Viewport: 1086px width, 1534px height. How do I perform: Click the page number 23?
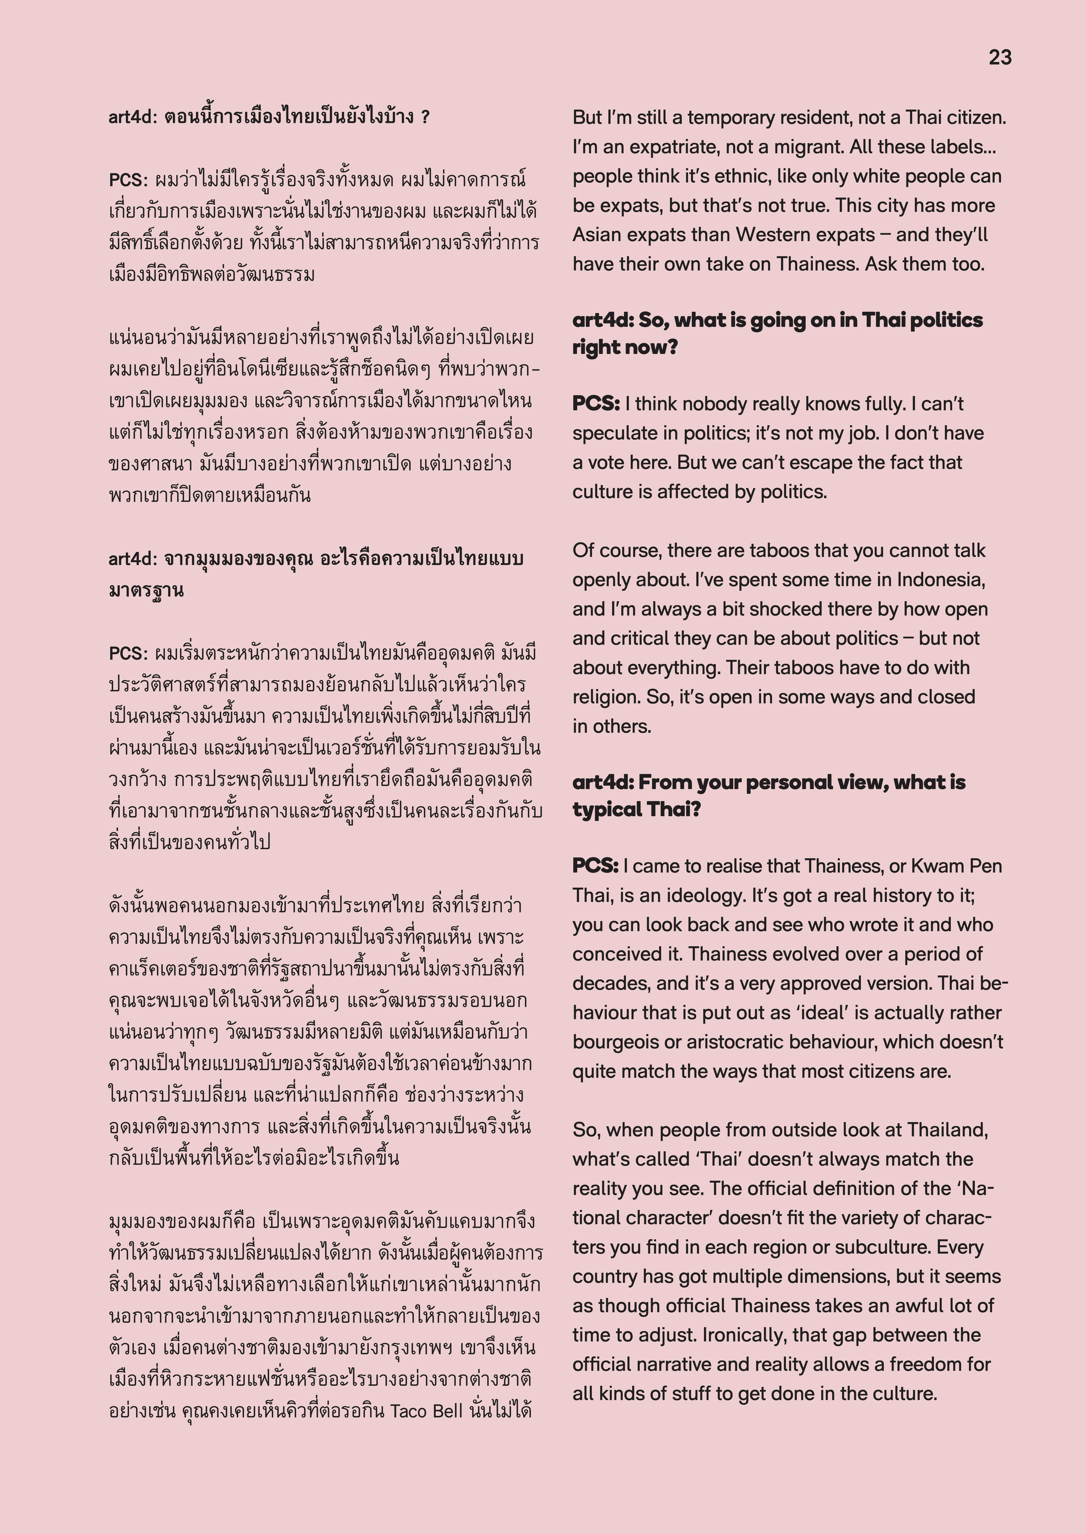(x=1000, y=58)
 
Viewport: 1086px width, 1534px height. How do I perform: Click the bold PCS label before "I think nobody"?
(x=595, y=404)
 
